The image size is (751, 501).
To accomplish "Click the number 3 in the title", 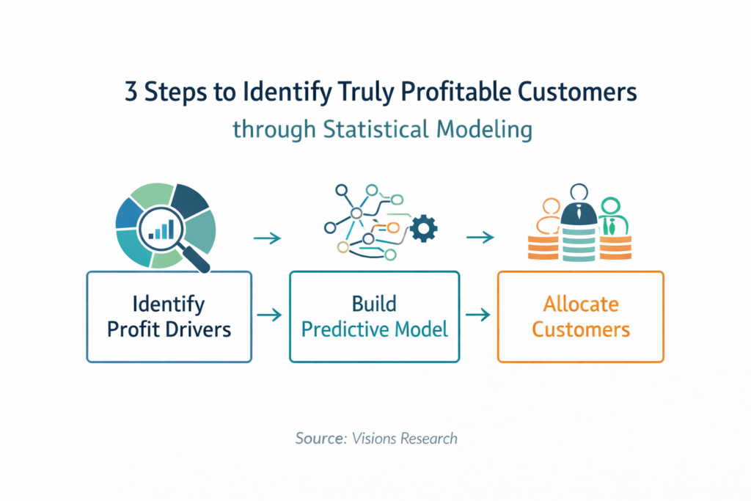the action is [x=131, y=91].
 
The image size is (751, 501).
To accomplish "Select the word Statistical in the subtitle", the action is [x=375, y=129].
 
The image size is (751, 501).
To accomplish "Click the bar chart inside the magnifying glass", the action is [x=161, y=230].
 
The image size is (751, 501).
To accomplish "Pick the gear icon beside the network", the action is [x=423, y=228].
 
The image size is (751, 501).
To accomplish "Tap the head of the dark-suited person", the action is [x=579, y=192].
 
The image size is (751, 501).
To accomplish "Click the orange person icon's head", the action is [x=552, y=207].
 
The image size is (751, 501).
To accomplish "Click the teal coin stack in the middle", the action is [x=579, y=244].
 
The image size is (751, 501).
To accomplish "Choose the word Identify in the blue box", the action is [x=169, y=304].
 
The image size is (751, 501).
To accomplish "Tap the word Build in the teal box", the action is [x=374, y=304].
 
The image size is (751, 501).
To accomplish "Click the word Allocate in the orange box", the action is [x=581, y=304].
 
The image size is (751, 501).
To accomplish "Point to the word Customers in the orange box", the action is [x=581, y=329].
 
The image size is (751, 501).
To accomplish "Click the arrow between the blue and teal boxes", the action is [x=270, y=315].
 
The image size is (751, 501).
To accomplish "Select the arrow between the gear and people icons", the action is [x=480, y=237].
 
